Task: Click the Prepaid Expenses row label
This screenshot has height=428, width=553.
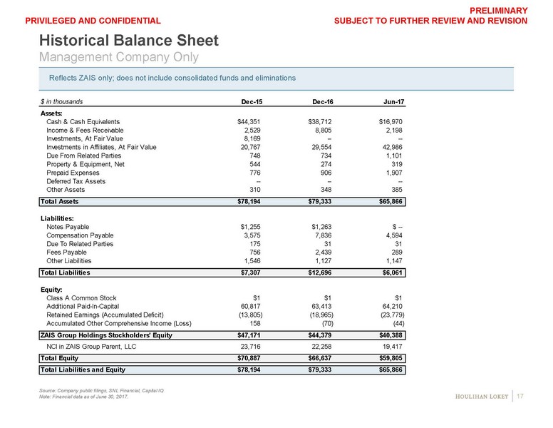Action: tap(73, 173)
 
